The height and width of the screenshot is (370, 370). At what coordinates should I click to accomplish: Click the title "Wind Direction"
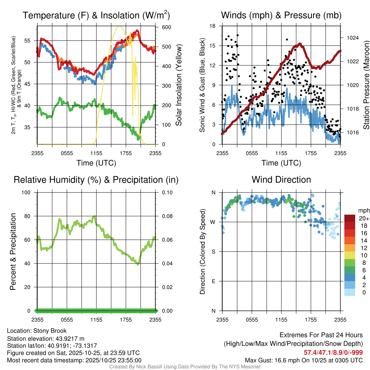pyautogui.click(x=281, y=180)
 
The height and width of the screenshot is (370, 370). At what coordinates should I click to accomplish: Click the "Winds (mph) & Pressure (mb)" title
pyautogui.click(x=281, y=15)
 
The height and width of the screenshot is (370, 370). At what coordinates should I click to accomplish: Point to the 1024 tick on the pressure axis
pyautogui.click(x=349, y=38)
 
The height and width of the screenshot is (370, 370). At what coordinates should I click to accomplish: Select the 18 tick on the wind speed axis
pyautogui.click(x=213, y=26)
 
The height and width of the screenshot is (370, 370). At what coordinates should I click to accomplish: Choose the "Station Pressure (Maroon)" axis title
pyautogui.click(x=366, y=85)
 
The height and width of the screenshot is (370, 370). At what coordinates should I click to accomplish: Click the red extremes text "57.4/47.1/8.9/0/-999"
pyautogui.click(x=333, y=352)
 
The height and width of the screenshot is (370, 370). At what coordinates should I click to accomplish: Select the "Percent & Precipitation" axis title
pyautogui.click(x=13, y=251)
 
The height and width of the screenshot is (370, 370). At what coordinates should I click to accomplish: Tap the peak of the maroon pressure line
pyautogui.click(x=300, y=44)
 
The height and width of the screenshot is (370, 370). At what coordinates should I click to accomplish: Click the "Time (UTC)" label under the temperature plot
pyautogui.click(x=96, y=163)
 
